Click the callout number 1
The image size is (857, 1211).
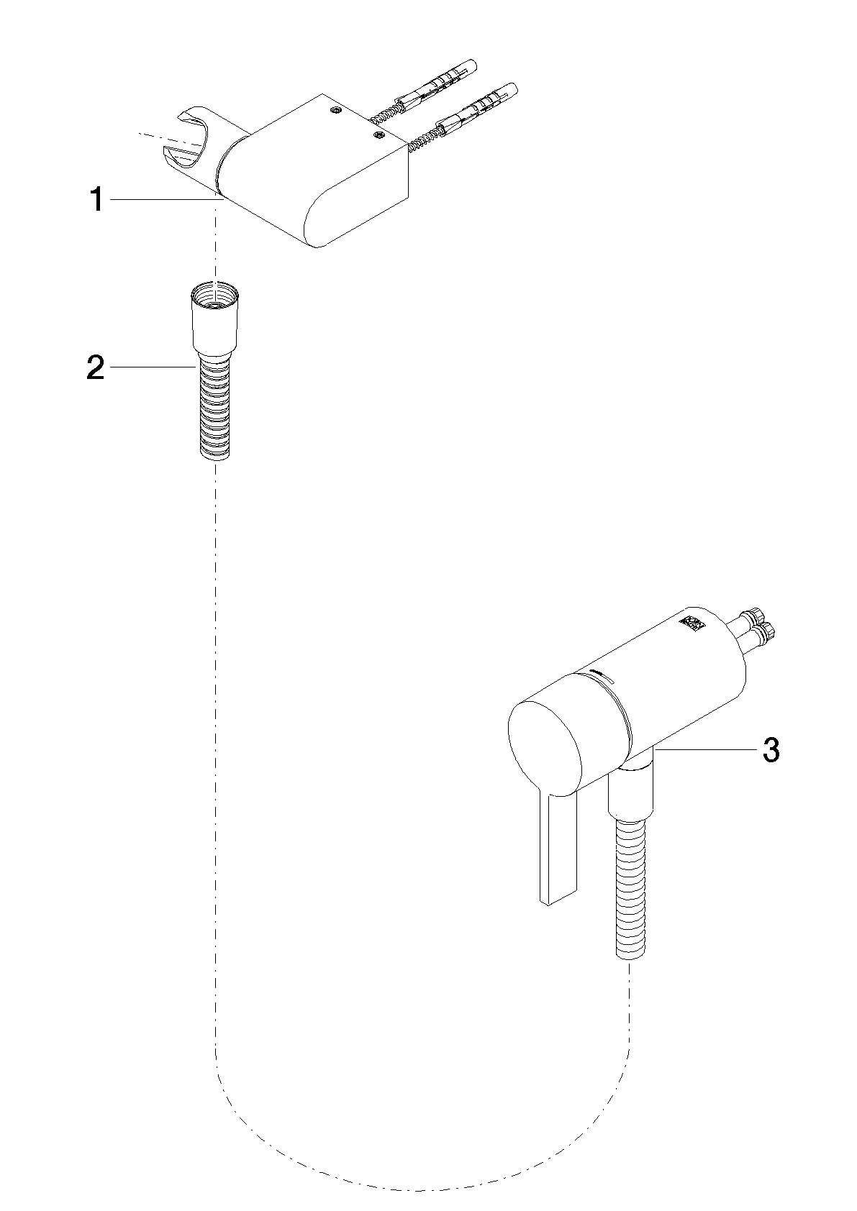(97, 199)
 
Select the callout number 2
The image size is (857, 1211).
(96, 367)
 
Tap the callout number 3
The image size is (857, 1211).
(771, 750)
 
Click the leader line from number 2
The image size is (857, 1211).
(153, 367)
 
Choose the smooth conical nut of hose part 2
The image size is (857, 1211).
(215, 322)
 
